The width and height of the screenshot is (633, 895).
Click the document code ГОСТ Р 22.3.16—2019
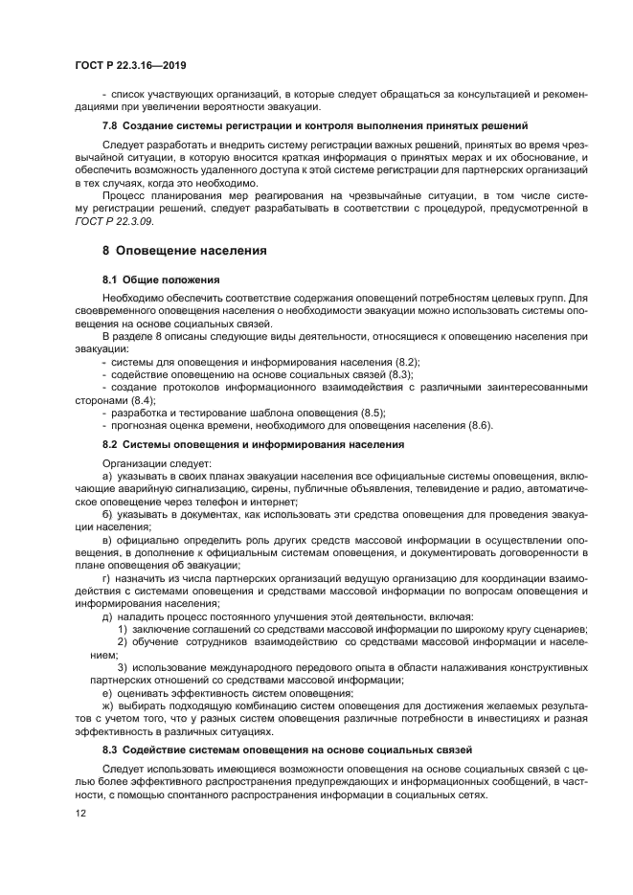pos(129,65)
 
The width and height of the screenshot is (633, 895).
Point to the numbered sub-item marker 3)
pos(123,666)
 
